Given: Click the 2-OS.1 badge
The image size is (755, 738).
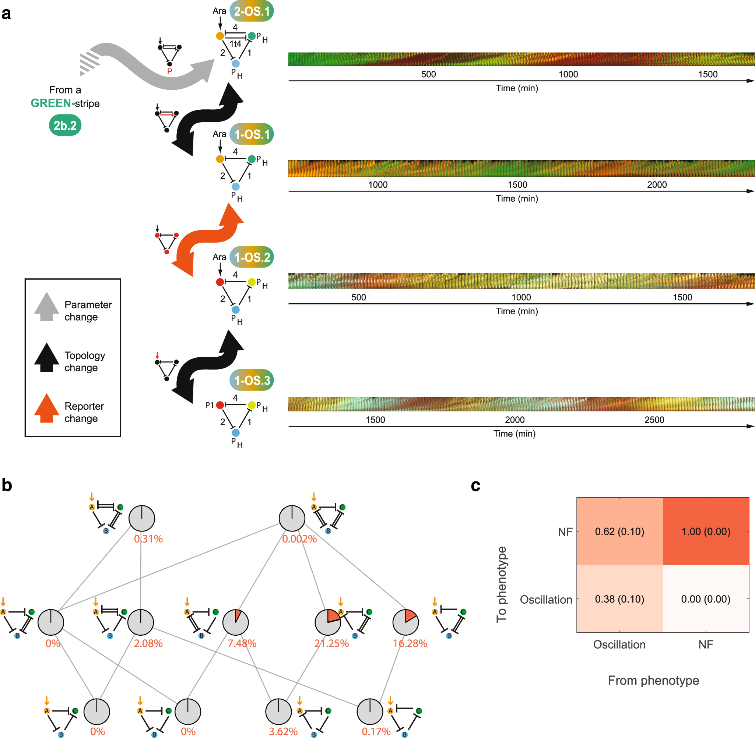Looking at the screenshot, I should click(252, 11).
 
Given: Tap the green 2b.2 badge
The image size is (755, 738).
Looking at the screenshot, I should click(65, 126).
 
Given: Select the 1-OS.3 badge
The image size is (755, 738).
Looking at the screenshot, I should click(252, 380).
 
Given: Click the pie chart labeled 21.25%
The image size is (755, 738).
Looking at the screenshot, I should click(328, 622).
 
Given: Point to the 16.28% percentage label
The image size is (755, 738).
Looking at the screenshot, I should click(410, 643).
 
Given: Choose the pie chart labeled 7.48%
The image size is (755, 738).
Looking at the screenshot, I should click(235, 622).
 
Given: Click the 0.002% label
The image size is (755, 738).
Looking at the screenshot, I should click(299, 539).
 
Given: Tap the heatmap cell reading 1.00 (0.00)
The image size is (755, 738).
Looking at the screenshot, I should click(706, 532).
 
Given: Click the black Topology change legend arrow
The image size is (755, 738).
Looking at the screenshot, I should click(46, 357).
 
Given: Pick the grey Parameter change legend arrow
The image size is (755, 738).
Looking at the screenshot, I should click(46, 307).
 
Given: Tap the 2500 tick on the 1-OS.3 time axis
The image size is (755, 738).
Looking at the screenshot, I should click(654, 420).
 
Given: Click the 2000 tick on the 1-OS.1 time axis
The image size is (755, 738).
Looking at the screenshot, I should click(657, 184).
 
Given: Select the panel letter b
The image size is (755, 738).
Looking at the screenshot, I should click(7, 485).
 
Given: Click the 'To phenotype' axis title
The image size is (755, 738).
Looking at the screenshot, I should click(501, 584).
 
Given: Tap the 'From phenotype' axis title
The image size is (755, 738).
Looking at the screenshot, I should click(653, 680).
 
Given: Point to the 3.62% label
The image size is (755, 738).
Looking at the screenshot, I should click(283, 731).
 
